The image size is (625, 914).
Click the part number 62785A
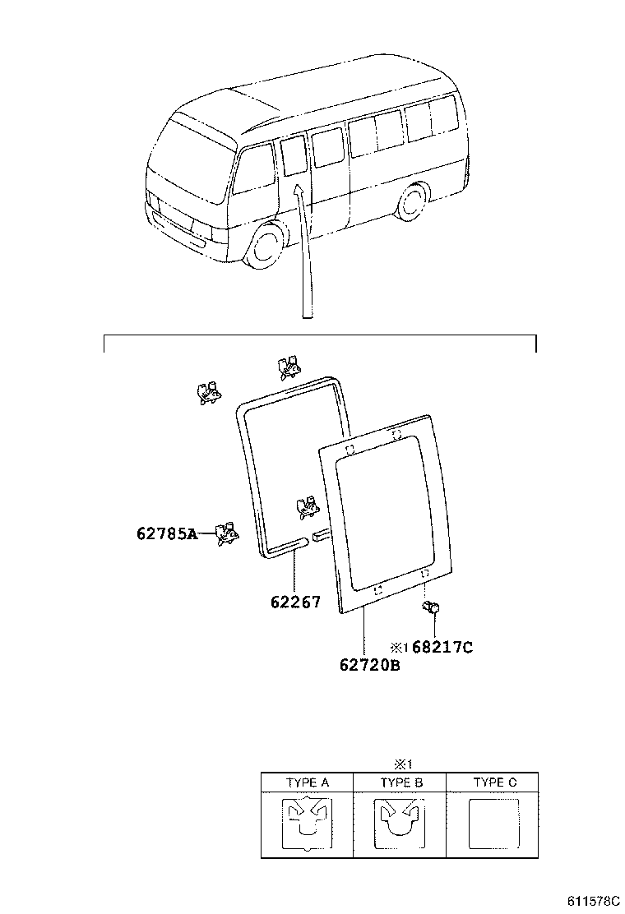coord(167,534)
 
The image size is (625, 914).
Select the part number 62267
coord(294,602)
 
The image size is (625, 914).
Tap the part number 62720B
coord(369,665)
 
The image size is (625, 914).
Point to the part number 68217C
coord(442,647)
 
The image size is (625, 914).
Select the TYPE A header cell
coord(308,782)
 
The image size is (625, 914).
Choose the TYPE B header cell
coord(400,782)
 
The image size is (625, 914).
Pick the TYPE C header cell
coord(493,782)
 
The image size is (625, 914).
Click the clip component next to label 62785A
coord(226,533)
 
